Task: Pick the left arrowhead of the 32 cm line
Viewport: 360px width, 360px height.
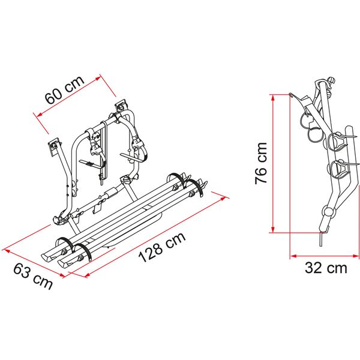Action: click(292, 256)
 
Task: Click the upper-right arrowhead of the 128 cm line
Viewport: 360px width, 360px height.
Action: click(229, 197)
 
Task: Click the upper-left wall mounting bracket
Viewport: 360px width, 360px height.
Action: click(55, 145)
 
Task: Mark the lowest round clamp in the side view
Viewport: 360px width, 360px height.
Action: click(328, 212)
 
